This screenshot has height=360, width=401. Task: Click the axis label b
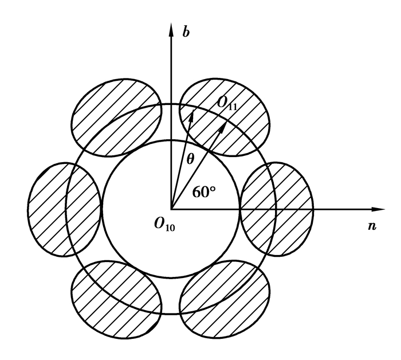[x=186, y=32]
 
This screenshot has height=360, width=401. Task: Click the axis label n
[x=372, y=226]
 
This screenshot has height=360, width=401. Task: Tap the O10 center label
[x=165, y=224]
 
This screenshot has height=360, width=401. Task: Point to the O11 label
[x=227, y=103]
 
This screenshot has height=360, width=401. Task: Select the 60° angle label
[x=204, y=192]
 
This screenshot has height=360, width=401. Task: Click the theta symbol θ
[x=190, y=159]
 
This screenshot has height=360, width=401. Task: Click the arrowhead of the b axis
[x=171, y=30]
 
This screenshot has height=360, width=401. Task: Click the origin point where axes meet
[x=171, y=209]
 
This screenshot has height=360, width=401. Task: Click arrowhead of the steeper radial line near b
[x=191, y=115]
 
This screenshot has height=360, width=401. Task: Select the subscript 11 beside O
[x=233, y=107]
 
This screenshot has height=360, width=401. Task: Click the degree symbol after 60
[x=213, y=189]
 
